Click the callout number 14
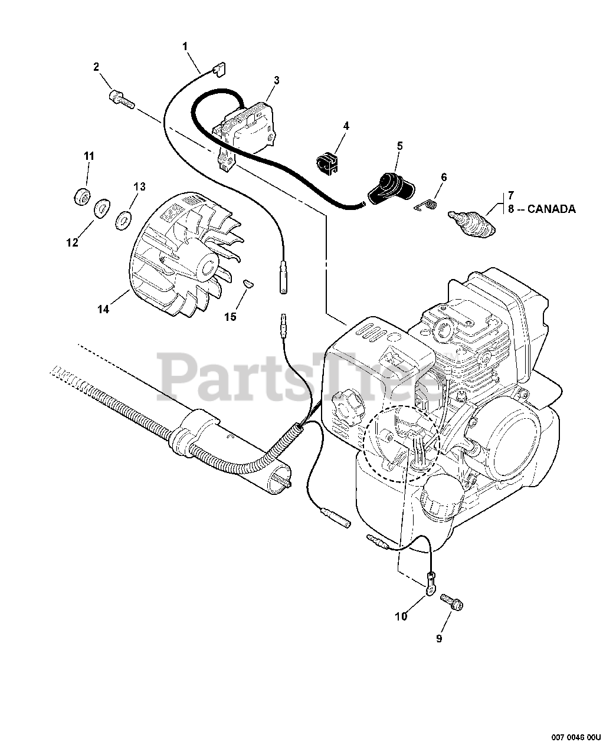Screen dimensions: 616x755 (x=103, y=308)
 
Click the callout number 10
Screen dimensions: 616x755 (x=401, y=617)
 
